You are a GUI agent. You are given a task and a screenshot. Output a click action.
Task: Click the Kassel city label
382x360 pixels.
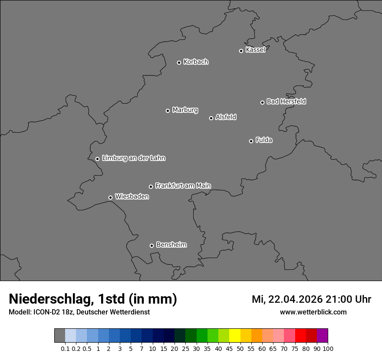(255, 50)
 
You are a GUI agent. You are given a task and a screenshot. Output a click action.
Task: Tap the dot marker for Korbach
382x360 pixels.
(179, 62)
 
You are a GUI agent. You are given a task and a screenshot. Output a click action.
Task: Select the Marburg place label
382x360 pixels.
(185, 110)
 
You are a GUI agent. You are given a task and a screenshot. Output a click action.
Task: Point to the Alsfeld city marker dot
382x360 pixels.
(211, 118)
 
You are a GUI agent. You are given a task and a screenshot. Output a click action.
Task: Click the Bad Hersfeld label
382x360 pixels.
(286, 101)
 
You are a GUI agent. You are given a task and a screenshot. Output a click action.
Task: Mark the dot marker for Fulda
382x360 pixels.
(251, 141)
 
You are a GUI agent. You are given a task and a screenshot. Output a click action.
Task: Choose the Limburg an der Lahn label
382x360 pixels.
(133, 158)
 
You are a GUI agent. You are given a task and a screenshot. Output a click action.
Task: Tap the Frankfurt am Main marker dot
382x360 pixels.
(151, 187)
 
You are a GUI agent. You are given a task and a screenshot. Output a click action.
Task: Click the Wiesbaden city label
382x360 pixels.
(132, 197)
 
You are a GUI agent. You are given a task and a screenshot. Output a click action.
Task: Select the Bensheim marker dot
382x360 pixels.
(151, 245)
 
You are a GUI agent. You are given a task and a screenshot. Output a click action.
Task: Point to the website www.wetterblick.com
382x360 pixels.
(313, 312)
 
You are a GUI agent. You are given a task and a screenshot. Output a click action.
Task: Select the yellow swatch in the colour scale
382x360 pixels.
(235, 336)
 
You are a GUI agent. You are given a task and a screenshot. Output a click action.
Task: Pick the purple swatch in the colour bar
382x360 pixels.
(323, 336)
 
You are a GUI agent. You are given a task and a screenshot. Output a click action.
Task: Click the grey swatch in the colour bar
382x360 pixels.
(59, 336)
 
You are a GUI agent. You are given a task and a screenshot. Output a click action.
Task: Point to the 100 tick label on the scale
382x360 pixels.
(327, 349)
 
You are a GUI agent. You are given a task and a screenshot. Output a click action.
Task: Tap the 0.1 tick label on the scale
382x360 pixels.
(65, 349)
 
